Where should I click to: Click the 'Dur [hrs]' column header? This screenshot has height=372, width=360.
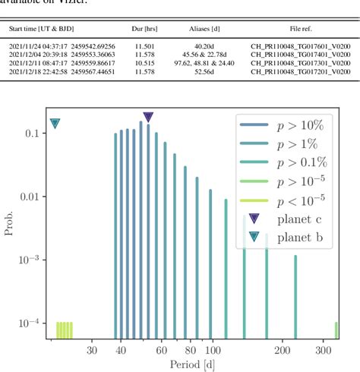[144, 28]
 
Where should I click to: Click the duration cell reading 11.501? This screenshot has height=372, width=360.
[144, 45]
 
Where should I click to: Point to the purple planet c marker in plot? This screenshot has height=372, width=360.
[148, 117]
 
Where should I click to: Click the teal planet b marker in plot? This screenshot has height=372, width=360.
[55, 124]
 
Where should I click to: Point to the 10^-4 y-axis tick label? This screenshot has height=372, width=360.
[29, 324]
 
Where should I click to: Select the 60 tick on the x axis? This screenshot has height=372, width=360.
[161, 350]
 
